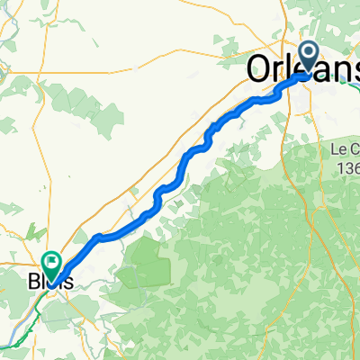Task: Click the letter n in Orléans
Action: pyautogui.click(x=334, y=72)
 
